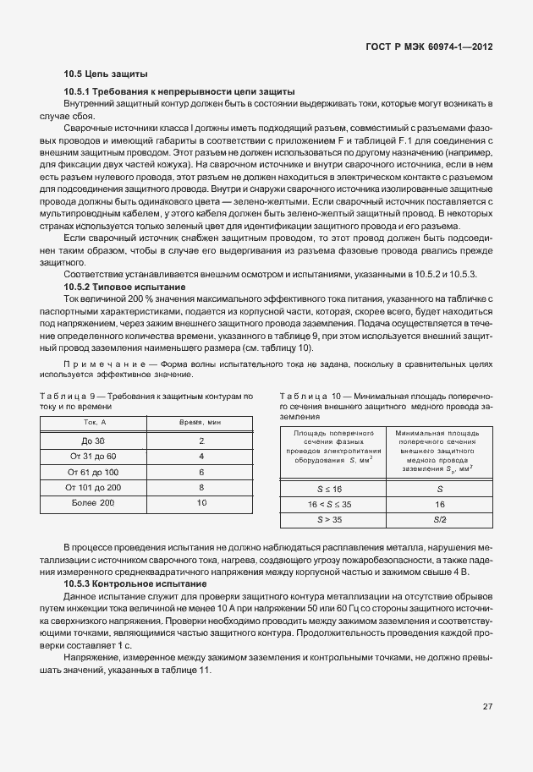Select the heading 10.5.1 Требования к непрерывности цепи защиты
coord(179,91)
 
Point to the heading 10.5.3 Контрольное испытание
coord(135,584)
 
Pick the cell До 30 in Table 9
coord(94,441)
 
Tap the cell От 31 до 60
coord(94,457)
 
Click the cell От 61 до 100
coord(94,472)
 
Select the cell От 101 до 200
coord(94,487)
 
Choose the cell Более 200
coord(94,503)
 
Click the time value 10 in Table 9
coord(201,503)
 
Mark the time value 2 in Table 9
coord(201,441)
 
